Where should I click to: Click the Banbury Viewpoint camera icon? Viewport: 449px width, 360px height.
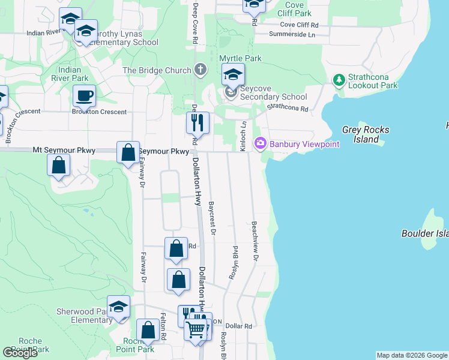click(x=261, y=144)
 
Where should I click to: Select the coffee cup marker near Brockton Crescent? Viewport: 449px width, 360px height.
click(x=84, y=95)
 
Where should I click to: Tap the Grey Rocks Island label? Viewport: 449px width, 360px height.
click(x=366, y=134)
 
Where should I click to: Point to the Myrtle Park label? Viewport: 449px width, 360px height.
click(x=240, y=58)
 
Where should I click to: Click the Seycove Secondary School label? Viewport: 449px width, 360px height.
click(x=273, y=97)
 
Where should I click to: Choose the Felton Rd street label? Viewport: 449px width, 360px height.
click(x=163, y=327)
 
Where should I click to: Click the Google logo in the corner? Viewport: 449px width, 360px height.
click(x=20, y=353)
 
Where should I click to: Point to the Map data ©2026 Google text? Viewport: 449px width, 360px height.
click(x=412, y=355)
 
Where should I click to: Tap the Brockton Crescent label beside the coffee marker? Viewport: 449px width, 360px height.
click(x=99, y=112)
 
